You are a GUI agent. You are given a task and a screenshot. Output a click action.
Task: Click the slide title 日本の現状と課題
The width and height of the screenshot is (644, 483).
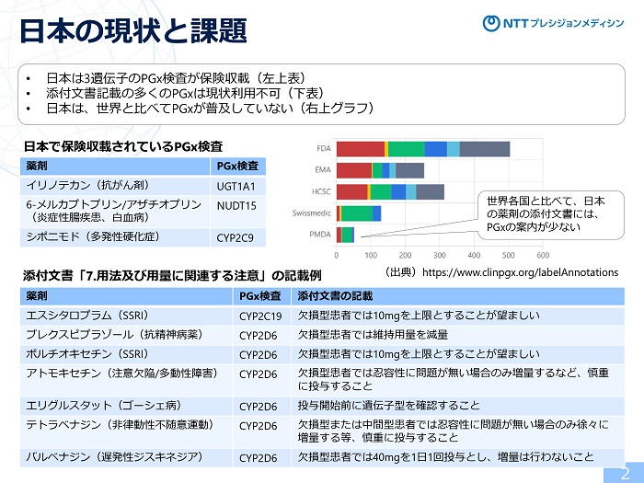[133, 29]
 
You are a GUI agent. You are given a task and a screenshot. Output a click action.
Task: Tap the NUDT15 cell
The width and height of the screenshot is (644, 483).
[236, 206]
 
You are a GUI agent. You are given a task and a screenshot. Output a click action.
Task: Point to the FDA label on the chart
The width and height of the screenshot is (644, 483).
[323, 149]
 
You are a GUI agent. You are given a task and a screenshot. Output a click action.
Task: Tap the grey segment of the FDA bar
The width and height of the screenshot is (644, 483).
[484, 149]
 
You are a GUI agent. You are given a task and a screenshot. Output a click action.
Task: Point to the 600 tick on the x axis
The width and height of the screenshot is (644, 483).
[543, 255]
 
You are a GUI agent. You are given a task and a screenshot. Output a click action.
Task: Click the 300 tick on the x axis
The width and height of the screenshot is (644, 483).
[440, 255]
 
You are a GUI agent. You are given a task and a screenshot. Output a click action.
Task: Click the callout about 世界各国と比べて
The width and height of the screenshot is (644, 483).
[545, 213]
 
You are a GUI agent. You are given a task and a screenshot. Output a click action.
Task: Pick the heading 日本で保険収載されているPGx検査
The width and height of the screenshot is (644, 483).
[122, 146]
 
